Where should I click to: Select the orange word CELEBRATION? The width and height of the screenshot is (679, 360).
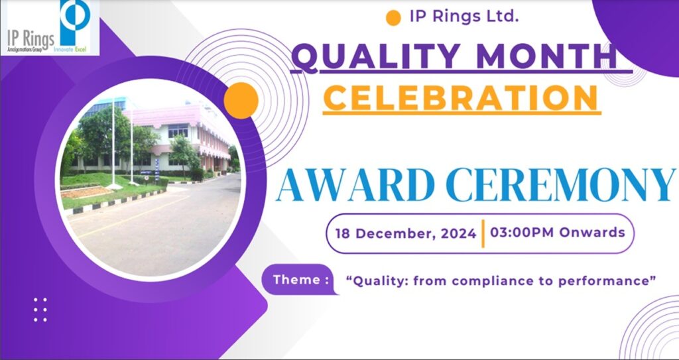(x=462, y=97)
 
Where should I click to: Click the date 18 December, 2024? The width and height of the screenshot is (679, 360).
(x=406, y=234)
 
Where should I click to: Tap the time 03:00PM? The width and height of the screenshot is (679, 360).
(x=522, y=232)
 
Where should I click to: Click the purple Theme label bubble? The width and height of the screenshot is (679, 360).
(x=300, y=279)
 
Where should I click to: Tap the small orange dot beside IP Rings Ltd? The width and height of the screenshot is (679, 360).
(x=393, y=18)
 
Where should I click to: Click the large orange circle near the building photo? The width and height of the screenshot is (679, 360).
(x=241, y=101)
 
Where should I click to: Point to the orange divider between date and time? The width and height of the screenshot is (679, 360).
(x=483, y=233)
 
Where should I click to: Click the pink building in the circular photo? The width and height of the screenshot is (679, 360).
(x=182, y=135)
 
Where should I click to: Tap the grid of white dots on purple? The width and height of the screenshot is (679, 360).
(x=40, y=310)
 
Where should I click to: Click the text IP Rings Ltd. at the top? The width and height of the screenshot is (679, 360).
(x=464, y=17)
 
